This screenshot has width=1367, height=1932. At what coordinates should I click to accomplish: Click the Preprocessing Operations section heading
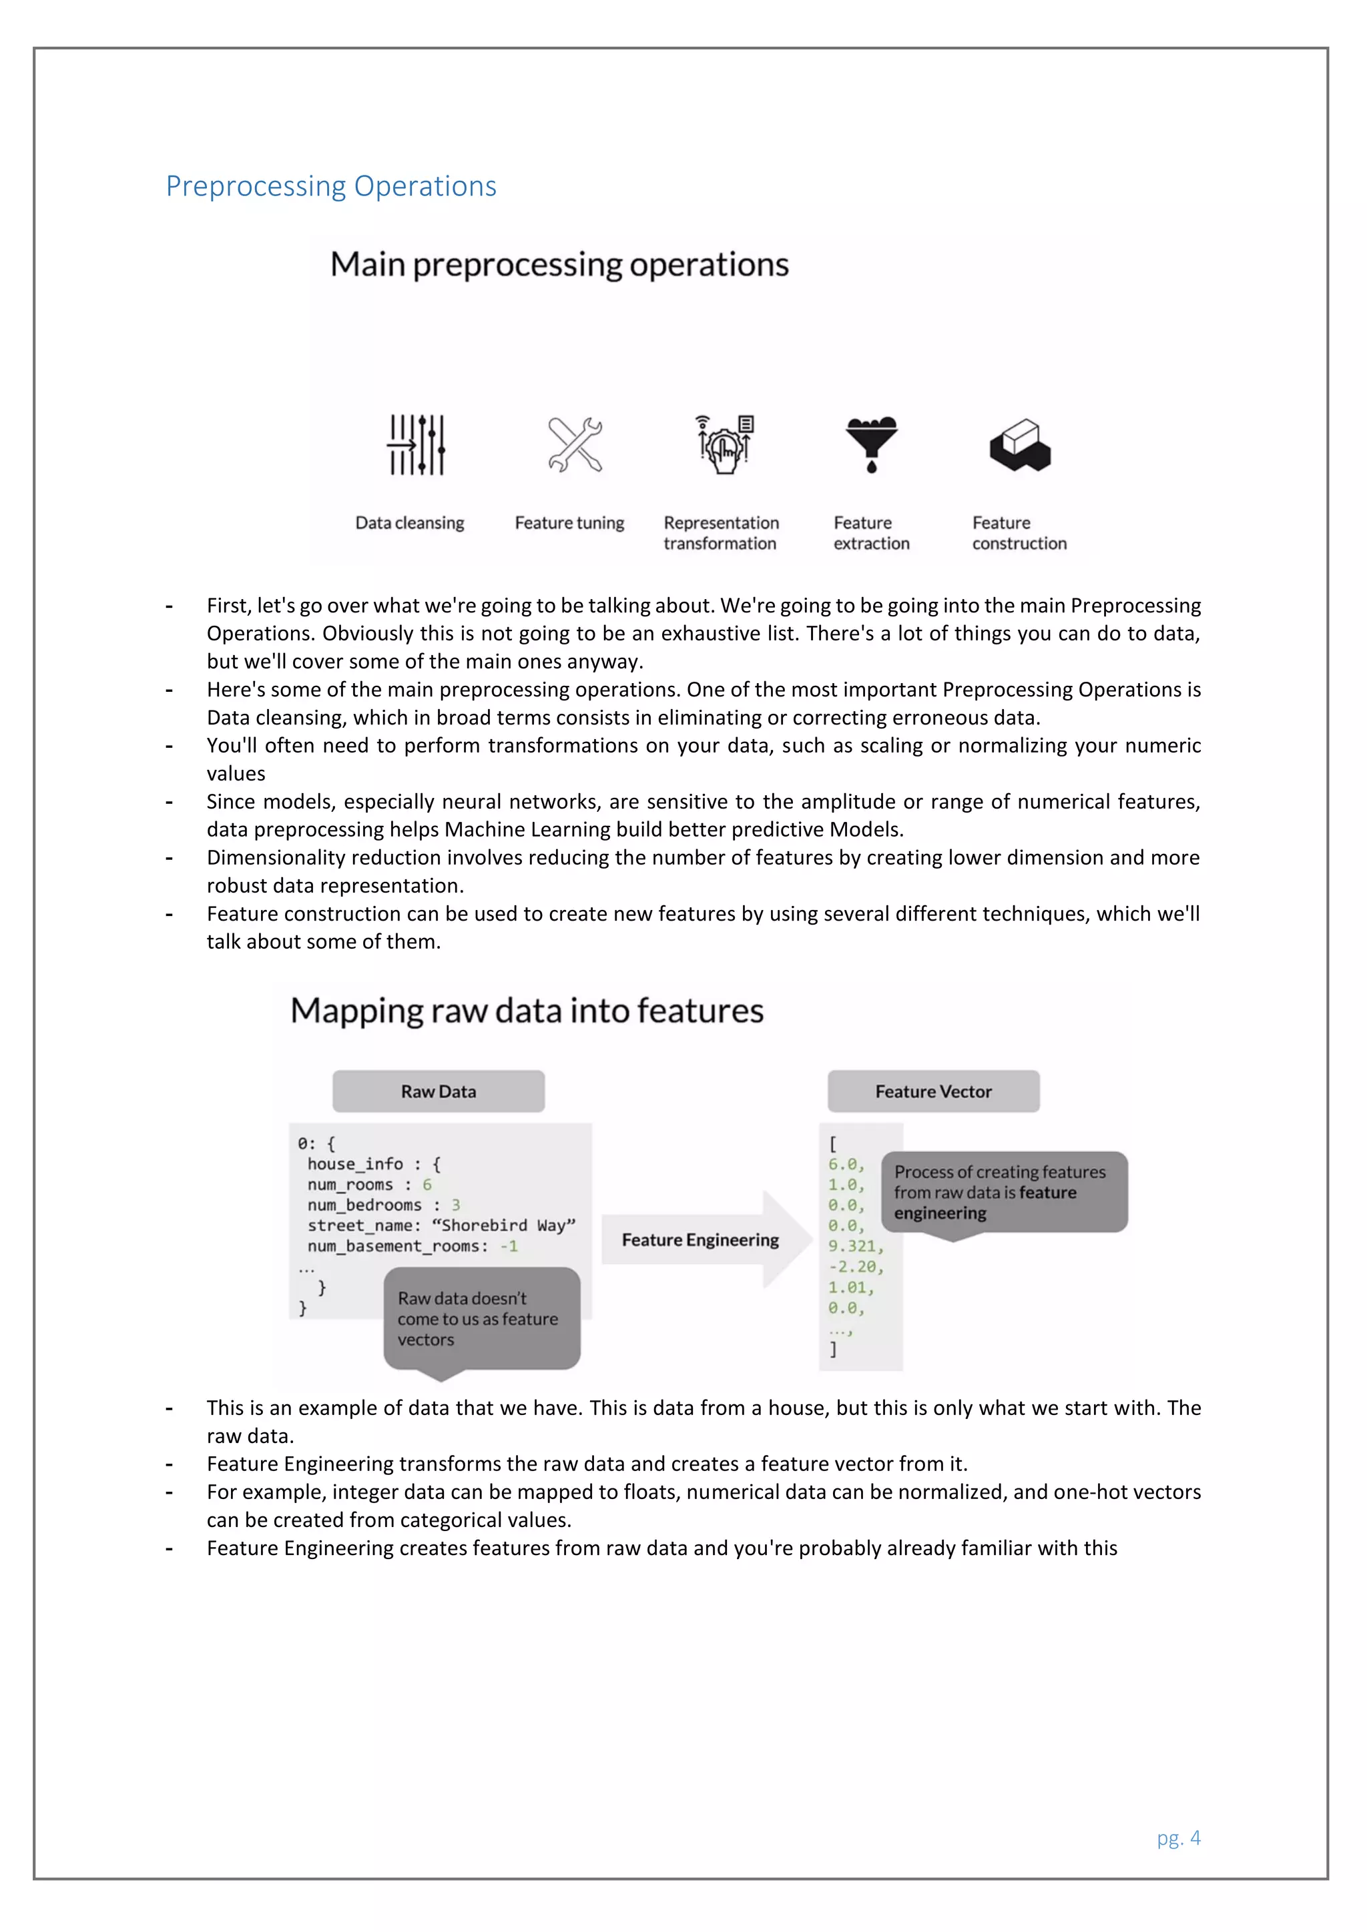coord(331,186)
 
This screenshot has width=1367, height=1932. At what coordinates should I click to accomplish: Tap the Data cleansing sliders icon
coord(416,444)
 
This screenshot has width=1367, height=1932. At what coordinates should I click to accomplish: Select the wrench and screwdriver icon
coord(575,444)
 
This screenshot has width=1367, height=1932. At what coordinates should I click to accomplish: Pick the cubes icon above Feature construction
coord(1020,445)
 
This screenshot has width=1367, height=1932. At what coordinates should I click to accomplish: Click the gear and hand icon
coord(724,445)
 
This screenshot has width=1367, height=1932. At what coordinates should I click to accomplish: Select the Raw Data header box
coord(438,1091)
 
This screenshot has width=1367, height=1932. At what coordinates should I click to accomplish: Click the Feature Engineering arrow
coord(701,1240)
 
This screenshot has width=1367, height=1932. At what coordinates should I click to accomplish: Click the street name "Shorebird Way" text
coord(503,1225)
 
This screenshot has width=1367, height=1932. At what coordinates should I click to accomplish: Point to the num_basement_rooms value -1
coord(509,1246)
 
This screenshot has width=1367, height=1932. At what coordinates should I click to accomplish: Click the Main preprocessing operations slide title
coord(559,264)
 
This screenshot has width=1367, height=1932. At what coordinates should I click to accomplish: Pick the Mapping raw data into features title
coord(527,1011)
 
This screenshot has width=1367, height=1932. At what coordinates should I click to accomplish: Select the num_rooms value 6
coord(427,1185)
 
